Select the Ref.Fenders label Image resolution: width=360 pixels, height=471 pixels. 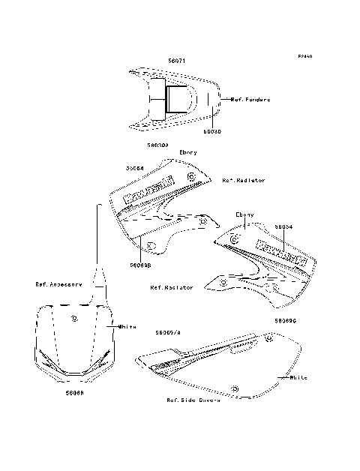click(x=250, y=99)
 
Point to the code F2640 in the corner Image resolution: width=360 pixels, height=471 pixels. click(x=305, y=56)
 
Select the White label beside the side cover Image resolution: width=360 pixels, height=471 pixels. click(x=299, y=378)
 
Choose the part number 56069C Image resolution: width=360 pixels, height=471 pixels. click(x=286, y=319)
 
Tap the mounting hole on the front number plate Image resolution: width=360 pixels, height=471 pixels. click(x=73, y=319)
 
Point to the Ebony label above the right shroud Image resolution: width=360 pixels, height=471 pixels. click(x=244, y=214)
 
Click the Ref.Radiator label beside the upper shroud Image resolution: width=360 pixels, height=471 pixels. click(x=244, y=181)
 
